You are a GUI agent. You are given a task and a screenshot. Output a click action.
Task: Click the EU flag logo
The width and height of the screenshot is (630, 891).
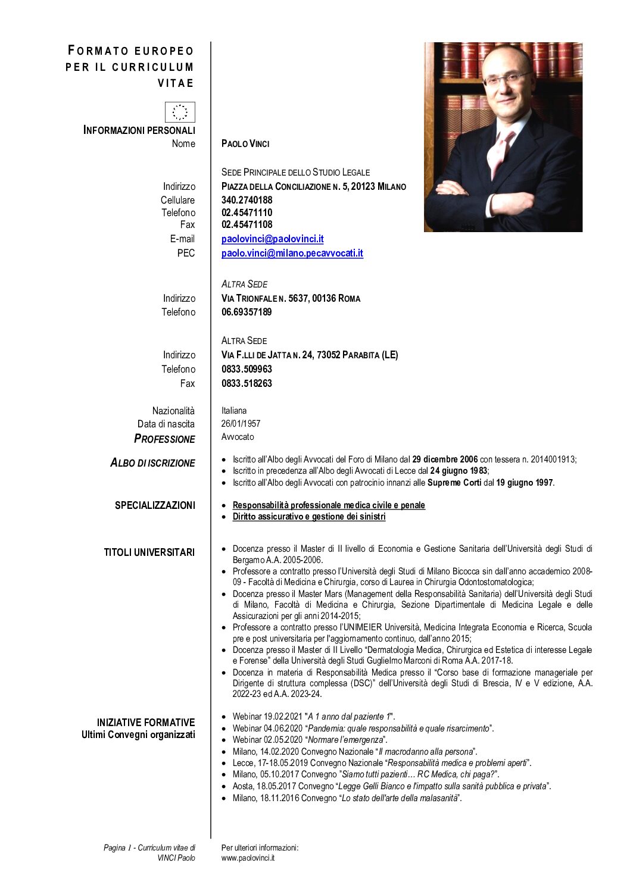click(180, 112)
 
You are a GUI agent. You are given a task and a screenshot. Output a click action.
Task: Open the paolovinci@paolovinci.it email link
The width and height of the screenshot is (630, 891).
click(272, 239)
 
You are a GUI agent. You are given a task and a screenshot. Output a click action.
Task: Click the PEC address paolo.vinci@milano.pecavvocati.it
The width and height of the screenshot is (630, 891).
click(292, 253)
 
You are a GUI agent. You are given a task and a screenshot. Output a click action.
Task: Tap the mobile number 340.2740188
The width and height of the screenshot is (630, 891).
click(247, 200)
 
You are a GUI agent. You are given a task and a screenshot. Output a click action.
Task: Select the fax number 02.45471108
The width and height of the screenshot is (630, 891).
click(247, 224)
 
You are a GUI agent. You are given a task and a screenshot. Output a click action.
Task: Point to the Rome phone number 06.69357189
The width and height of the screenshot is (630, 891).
click(247, 312)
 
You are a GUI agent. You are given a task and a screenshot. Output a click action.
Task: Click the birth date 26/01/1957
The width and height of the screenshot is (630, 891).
click(241, 424)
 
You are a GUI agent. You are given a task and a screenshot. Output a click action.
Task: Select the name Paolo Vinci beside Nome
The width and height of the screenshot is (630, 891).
click(245, 143)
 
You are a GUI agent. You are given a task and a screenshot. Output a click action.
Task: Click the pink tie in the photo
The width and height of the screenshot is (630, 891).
click(498, 152)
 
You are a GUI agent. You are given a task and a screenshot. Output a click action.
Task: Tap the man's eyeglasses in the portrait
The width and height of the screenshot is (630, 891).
click(507, 78)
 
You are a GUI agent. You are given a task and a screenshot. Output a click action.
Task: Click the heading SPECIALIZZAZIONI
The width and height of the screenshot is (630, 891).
click(155, 505)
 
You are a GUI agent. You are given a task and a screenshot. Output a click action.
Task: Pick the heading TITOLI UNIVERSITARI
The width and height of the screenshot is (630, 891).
click(149, 552)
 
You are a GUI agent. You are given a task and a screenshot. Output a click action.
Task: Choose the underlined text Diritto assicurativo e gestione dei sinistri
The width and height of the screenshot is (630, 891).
click(308, 517)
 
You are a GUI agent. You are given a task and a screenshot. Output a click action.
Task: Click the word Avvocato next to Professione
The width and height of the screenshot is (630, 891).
click(237, 437)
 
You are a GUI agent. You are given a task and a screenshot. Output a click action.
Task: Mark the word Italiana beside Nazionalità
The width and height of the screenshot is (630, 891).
click(233, 411)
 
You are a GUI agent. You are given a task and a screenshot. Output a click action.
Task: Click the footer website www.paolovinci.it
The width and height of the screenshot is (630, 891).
click(248, 858)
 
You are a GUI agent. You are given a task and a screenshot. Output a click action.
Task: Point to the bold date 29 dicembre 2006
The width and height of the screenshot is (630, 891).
click(445, 459)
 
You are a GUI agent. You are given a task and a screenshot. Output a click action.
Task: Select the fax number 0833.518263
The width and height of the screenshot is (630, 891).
click(247, 383)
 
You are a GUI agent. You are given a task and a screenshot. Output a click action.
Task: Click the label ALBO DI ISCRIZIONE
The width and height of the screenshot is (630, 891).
click(152, 463)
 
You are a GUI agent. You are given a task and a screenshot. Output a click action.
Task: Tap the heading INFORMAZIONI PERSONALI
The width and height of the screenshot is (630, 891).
click(139, 130)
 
